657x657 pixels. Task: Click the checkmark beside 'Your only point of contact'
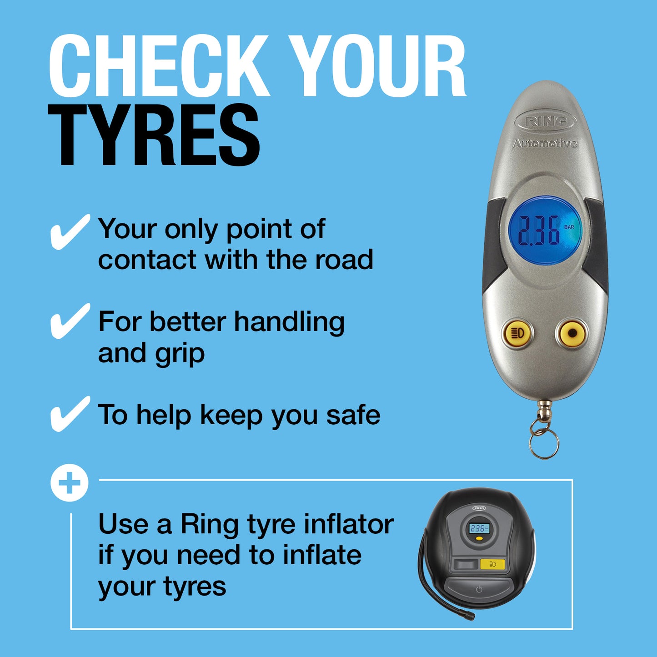coord(69,232)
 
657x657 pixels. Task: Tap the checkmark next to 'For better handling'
coord(69,321)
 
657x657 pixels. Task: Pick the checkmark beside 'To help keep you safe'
coord(69,414)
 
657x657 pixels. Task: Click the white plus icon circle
coord(69,483)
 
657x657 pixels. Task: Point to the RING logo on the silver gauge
coord(546,121)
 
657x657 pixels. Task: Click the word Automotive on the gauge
coord(545,144)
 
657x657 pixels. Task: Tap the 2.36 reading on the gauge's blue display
coord(539,231)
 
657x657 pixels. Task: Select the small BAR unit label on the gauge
coord(569,227)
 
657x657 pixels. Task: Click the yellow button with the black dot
coord(572,333)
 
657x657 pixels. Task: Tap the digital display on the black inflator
coord(479,528)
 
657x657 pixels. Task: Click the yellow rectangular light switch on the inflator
coord(492,564)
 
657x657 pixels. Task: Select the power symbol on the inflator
coord(479,589)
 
